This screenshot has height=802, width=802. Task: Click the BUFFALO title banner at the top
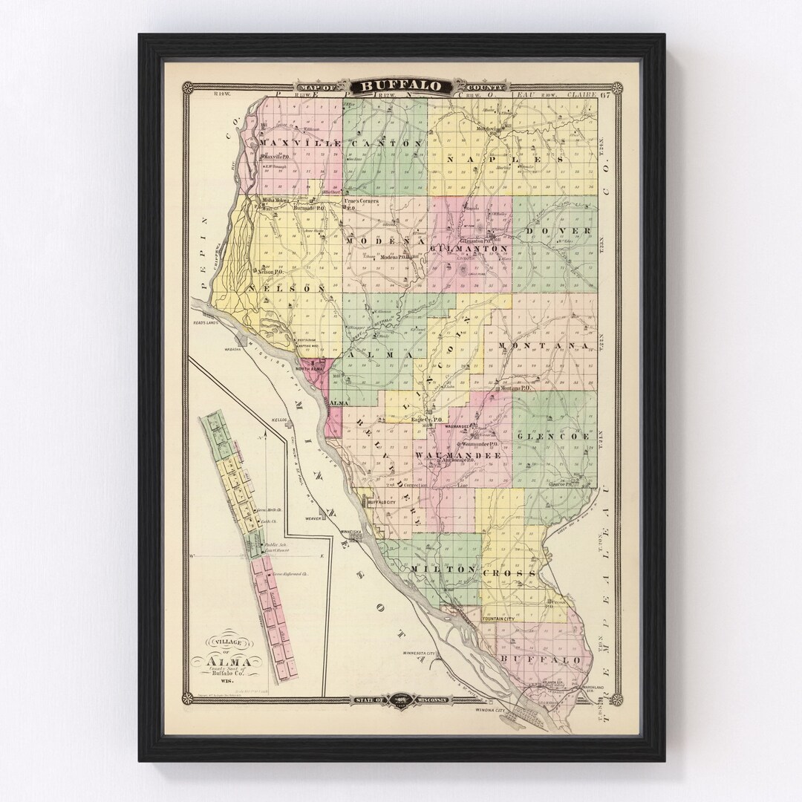click(401, 86)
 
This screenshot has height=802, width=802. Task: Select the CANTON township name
click(386, 143)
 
